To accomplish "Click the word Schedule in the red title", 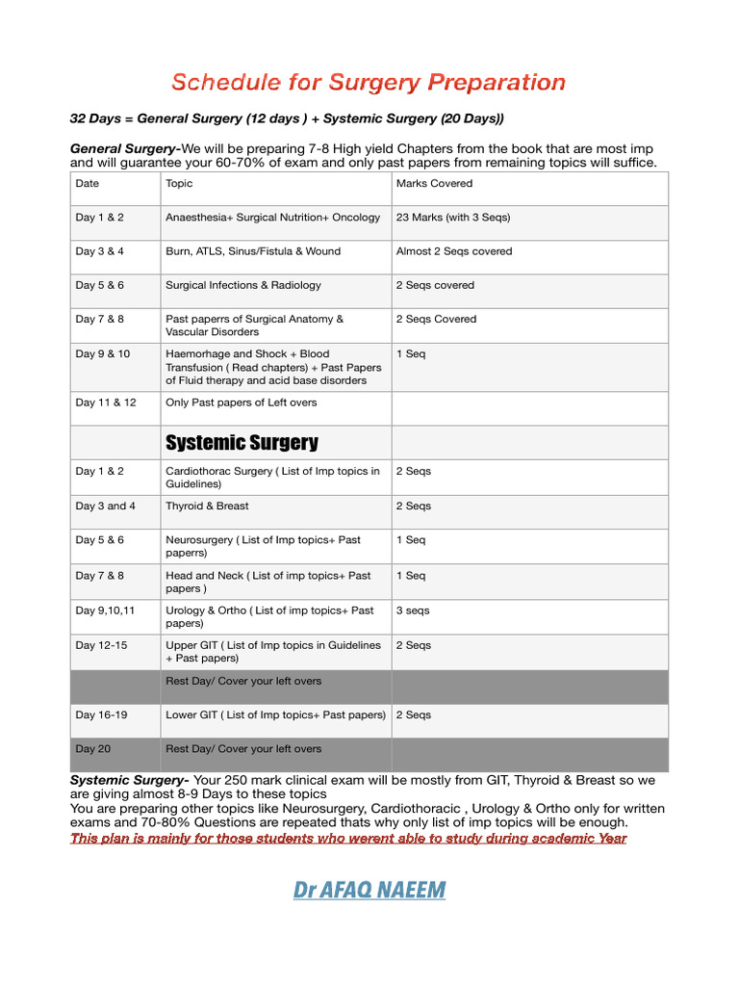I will [x=222, y=83].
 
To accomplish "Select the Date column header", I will [x=88, y=183].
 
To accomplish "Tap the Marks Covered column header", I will [x=434, y=183].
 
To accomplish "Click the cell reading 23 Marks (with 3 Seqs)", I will [x=453, y=218].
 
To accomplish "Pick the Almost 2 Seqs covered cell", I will [x=454, y=251].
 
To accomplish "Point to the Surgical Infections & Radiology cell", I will [x=243, y=285].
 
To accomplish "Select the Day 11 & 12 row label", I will [x=106, y=402].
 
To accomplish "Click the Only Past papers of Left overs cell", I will [x=241, y=402].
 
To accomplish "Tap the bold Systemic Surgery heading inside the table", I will [x=242, y=443].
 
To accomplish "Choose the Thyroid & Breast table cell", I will [x=207, y=506].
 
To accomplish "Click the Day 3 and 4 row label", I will [x=106, y=506].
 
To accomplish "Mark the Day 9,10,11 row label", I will [x=106, y=610].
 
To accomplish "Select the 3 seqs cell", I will [x=413, y=610].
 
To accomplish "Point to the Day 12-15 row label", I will [x=100, y=645].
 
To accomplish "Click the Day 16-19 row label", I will [x=100, y=714].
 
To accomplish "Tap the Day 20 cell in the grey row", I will [x=92, y=748].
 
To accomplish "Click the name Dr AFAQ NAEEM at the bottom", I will [x=369, y=890].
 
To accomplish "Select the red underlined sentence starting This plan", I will [x=348, y=838].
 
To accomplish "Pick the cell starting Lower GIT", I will [x=275, y=714].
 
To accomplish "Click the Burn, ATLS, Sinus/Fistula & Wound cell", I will [x=253, y=251].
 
